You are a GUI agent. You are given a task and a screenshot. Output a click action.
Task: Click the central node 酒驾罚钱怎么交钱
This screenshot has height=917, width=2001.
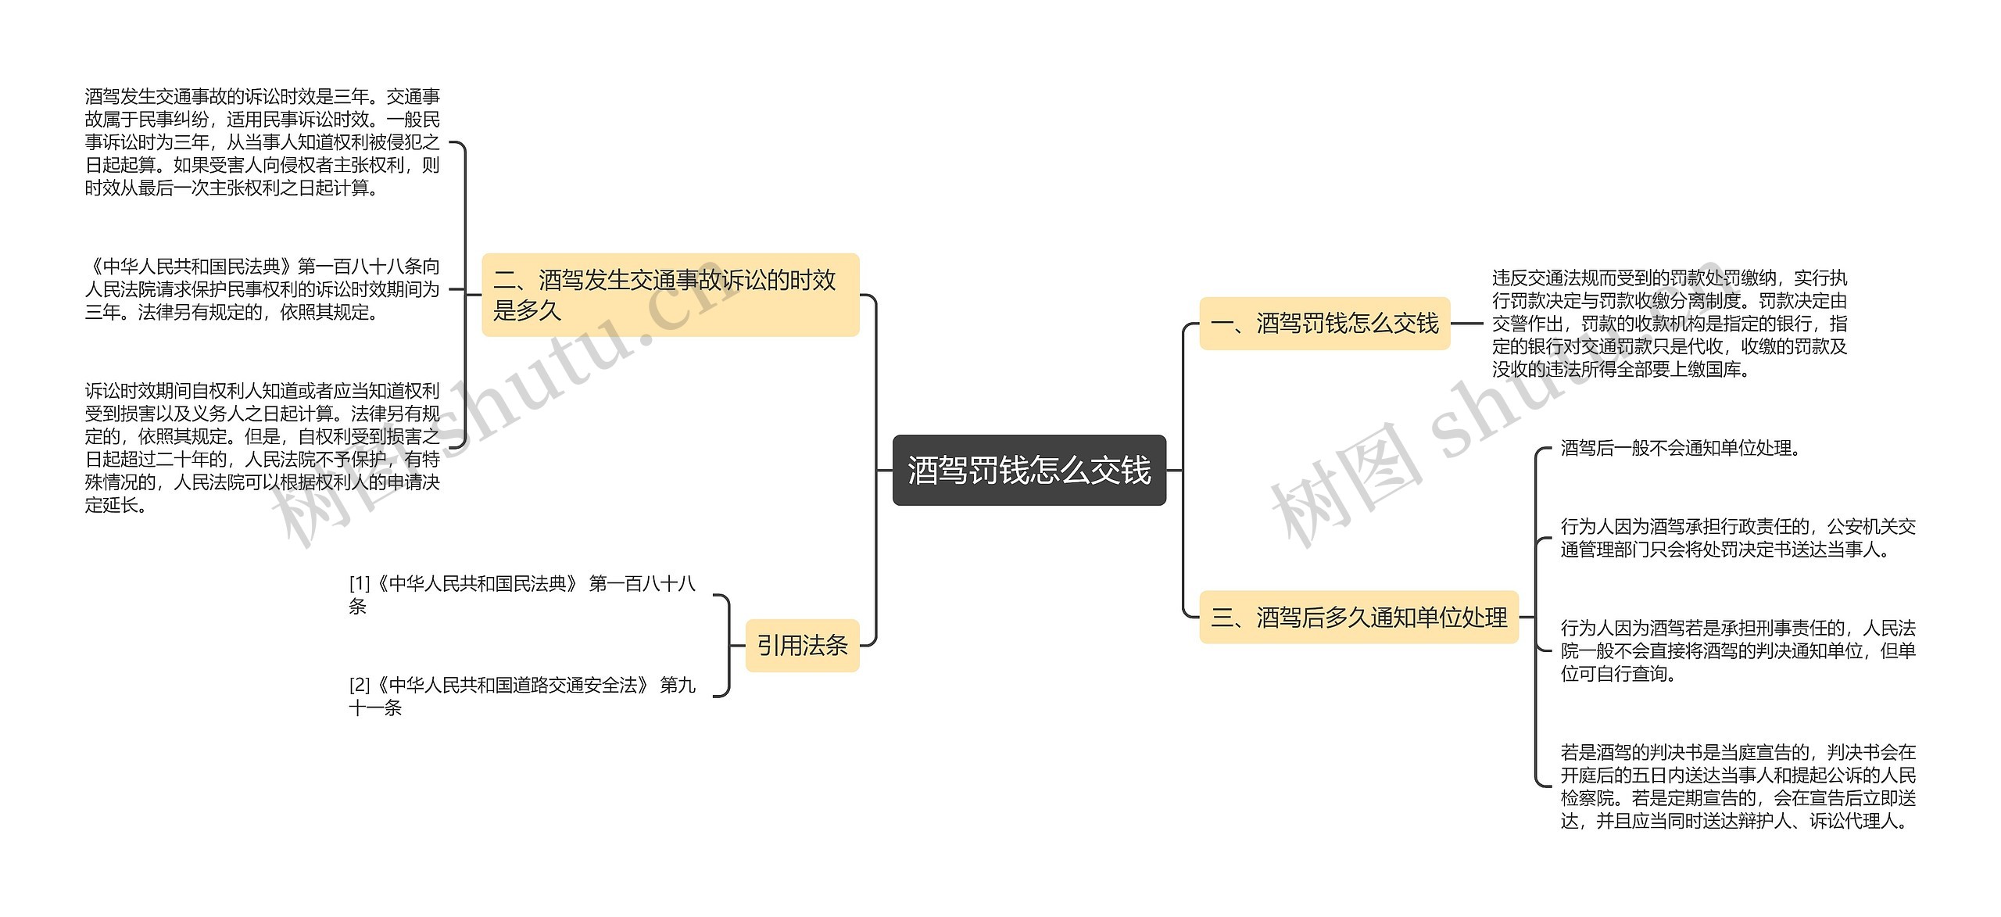click(1029, 471)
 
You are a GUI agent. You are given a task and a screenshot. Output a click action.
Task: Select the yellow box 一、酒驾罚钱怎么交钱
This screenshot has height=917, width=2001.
click(1324, 324)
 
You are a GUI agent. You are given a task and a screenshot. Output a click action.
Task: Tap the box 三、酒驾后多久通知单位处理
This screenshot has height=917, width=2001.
click(1358, 618)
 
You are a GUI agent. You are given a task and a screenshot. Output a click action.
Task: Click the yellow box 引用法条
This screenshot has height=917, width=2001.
click(802, 646)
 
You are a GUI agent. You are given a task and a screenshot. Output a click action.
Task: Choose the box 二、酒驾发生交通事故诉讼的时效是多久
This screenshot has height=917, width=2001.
click(670, 295)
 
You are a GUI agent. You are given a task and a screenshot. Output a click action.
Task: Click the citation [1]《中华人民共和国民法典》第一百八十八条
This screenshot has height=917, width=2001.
click(521, 595)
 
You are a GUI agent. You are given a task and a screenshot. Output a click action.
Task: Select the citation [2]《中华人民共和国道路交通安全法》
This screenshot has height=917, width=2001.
click(521, 697)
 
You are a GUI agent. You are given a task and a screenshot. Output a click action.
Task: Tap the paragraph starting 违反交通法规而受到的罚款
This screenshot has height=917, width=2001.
click(1669, 324)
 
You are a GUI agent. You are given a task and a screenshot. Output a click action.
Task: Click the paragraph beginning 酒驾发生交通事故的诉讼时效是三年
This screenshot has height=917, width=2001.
click(262, 142)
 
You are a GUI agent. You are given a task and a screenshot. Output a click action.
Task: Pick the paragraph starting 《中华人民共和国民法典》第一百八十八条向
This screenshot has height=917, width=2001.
click(262, 290)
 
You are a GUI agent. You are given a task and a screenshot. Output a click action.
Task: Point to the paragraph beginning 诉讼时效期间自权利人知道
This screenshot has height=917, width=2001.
click(262, 448)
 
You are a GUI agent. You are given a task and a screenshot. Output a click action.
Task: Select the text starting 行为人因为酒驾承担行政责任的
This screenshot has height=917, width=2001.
click(1738, 539)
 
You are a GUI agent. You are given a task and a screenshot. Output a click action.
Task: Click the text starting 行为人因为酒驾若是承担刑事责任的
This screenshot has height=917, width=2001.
click(1738, 650)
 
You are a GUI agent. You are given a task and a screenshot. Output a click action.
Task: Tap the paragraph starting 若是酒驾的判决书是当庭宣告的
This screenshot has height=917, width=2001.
click(1738, 786)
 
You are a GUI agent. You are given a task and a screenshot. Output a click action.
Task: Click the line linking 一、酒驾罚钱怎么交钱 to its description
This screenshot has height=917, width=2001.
click(1467, 324)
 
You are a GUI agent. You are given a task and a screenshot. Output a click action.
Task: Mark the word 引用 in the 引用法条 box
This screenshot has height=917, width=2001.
click(779, 646)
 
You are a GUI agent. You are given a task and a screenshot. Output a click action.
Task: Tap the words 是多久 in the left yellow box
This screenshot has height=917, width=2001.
click(528, 311)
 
